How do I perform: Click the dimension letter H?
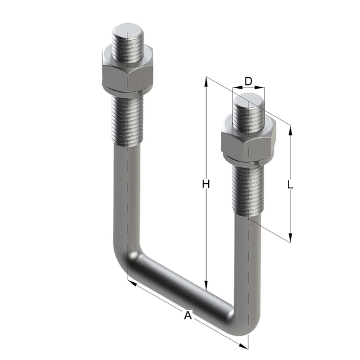tap(206, 184)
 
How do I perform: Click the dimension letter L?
tap(290, 184)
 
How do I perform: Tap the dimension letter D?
tap(248, 81)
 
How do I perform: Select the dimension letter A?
tap(188, 315)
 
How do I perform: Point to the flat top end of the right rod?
tap(248, 101)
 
